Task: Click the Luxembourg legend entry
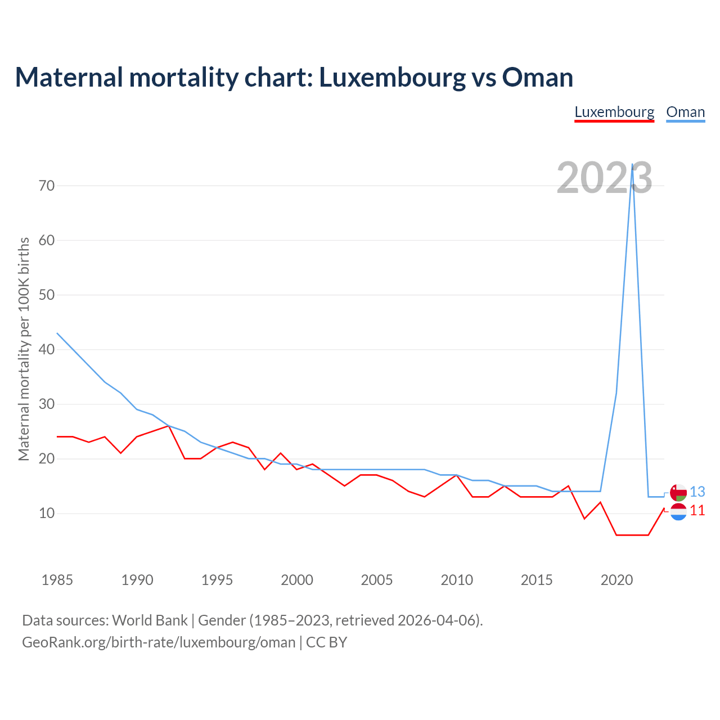(x=614, y=112)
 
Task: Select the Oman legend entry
(x=685, y=112)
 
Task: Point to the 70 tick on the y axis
(x=47, y=186)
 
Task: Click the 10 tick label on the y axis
(x=47, y=514)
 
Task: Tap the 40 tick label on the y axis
(x=47, y=350)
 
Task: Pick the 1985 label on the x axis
(x=57, y=580)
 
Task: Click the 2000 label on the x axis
(x=297, y=580)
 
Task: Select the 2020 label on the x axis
(x=616, y=580)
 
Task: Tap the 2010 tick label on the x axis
(x=457, y=580)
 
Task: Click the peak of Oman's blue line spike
(x=633, y=164)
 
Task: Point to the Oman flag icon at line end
(x=678, y=492)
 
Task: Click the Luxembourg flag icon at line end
(x=678, y=511)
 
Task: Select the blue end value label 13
(x=697, y=492)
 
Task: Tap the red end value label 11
(x=697, y=511)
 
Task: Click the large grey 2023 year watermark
(x=604, y=178)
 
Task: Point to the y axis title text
(x=24, y=349)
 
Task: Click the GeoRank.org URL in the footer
(x=159, y=642)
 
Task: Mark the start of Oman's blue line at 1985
(x=57, y=333)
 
